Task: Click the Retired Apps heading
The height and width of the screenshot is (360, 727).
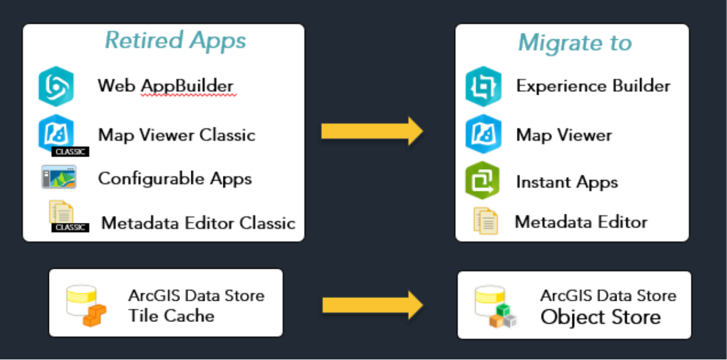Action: pos(176,40)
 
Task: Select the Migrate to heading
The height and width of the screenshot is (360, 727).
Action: pos(574,43)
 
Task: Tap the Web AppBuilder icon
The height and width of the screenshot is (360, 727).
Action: pos(56,86)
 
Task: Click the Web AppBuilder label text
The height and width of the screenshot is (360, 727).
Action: pos(165,86)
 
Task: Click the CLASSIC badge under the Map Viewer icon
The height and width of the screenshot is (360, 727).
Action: pos(69,152)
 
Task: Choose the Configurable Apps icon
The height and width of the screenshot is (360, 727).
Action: pos(59,177)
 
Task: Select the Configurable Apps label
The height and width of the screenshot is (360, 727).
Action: pos(175,178)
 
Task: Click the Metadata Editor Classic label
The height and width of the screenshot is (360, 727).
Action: pos(198,223)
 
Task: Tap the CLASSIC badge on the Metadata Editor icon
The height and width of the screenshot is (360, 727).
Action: pos(71,228)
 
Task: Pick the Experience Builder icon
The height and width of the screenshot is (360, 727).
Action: pos(483,86)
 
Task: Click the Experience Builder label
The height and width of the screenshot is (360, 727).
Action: pos(593,86)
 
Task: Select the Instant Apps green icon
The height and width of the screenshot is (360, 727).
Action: pos(482,181)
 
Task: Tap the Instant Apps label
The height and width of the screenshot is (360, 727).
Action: pos(566,182)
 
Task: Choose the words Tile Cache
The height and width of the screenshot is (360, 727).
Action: pos(171,315)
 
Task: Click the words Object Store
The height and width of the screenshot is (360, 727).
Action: pos(600,317)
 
